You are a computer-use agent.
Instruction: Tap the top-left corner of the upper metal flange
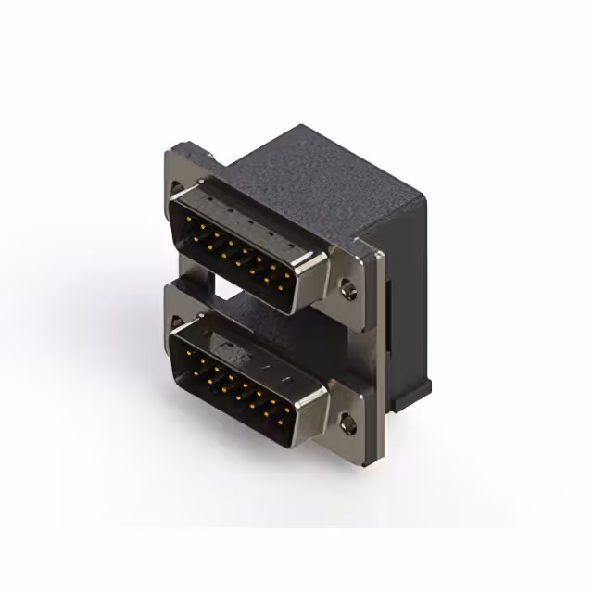coord(172,150)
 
